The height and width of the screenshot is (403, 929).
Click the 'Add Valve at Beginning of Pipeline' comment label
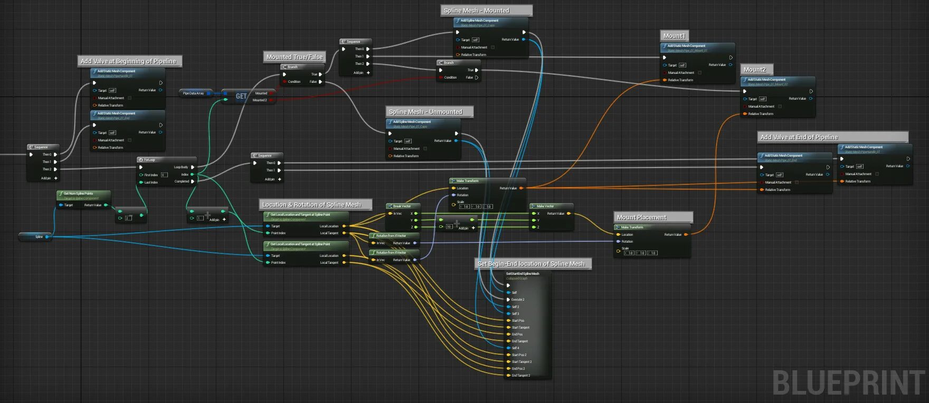pyautogui.click(x=128, y=61)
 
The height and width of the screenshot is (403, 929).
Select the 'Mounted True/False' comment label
pyautogui.click(x=295, y=57)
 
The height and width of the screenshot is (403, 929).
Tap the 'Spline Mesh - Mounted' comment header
pyautogui.click(x=477, y=11)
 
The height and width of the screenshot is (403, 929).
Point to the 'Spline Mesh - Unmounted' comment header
pyautogui.click(x=425, y=112)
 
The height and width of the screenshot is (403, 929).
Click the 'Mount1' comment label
pyautogui.click(x=674, y=36)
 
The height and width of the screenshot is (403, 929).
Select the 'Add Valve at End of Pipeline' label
pyautogui.click(x=799, y=137)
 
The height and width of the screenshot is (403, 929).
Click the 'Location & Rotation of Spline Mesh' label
pyautogui.click(x=311, y=205)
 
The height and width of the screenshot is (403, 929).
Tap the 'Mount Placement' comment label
pyautogui.click(x=641, y=217)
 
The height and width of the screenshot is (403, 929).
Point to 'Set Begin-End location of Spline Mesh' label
pyautogui.click(x=531, y=264)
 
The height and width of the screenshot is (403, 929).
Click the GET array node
pyautogui.click(x=241, y=96)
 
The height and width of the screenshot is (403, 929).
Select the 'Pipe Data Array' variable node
pyautogui.click(x=194, y=93)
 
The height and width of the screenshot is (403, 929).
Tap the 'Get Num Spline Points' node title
pyautogui.click(x=78, y=194)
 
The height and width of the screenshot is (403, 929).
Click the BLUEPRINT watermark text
pyautogui.click(x=848, y=382)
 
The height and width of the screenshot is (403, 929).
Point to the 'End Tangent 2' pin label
pyautogui.click(x=521, y=376)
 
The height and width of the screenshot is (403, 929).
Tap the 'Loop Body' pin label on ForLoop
pyautogui.click(x=181, y=167)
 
